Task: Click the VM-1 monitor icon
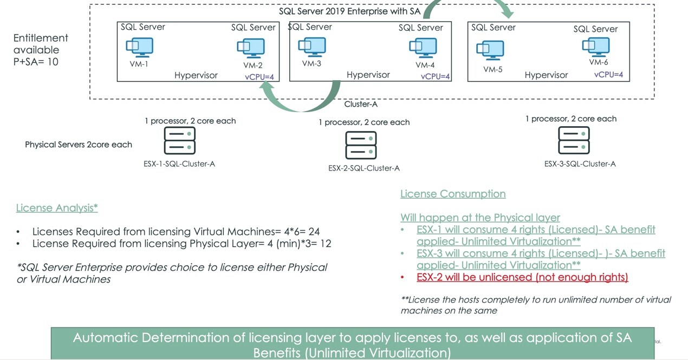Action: coord(140,47)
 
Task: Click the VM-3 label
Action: coord(312,63)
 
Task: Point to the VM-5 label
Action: coord(493,69)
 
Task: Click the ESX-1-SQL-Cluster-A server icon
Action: coord(180,140)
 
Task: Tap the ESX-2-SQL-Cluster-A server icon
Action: coord(361,145)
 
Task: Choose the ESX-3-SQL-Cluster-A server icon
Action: coord(574,140)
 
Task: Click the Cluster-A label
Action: coord(361,104)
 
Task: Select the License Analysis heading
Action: coord(57,208)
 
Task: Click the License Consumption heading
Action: coord(453,194)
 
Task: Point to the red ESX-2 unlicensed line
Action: coord(522,277)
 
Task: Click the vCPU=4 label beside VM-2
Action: coord(262,77)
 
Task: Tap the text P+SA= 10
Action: coord(36,62)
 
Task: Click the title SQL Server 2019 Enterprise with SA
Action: coord(349,11)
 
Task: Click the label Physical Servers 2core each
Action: coord(79,145)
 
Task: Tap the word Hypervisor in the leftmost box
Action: coord(196,75)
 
